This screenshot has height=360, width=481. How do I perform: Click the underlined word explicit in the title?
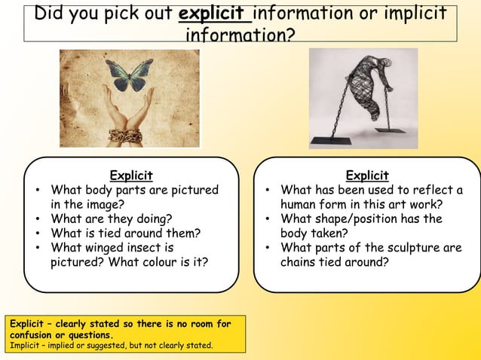pos(214,14)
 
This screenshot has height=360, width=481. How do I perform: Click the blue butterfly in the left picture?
pos(130,75)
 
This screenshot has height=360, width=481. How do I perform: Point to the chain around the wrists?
pos(124,136)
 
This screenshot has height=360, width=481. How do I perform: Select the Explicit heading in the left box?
pos(131,175)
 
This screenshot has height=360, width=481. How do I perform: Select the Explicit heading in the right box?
pos(367,175)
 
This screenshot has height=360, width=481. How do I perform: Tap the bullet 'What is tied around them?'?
pos(125,233)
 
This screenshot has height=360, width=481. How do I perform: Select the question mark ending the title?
pos(289,35)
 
